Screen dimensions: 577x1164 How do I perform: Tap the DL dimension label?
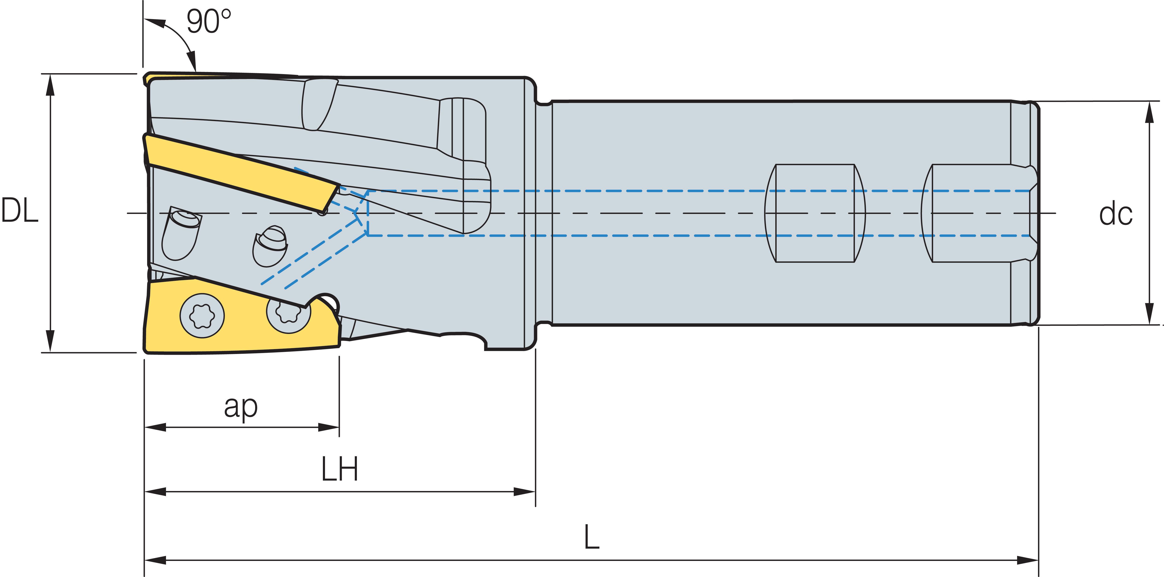(20, 211)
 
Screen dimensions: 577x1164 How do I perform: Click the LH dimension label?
(340, 469)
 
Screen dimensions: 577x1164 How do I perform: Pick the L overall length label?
(592, 537)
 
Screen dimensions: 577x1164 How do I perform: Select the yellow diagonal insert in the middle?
(240, 174)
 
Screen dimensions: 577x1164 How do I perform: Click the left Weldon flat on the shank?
(815, 213)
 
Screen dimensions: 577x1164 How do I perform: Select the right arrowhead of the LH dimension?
(524, 491)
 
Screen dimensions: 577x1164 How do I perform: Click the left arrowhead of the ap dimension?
(155, 427)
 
